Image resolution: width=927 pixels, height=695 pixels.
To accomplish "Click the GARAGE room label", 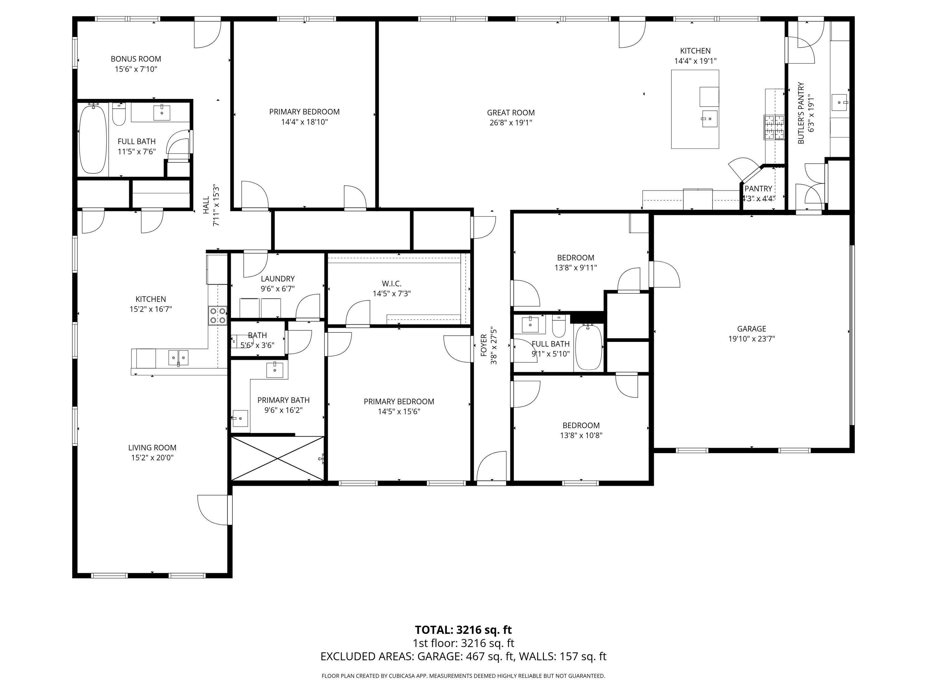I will tap(751, 329).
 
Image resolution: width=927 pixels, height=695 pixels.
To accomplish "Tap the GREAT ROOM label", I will tap(510, 113).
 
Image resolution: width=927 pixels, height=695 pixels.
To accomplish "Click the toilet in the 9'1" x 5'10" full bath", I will tap(559, 327).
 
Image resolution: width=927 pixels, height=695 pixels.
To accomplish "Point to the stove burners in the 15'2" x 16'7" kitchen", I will tap(218, 315).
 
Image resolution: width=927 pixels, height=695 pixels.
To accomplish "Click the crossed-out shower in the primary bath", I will tap(277, 458).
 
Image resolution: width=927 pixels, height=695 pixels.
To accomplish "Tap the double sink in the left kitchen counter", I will tap(178, 358).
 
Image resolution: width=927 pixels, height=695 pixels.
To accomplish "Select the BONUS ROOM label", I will tap(136, 59).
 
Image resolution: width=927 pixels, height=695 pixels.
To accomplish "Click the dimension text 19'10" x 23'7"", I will tap(751, 339).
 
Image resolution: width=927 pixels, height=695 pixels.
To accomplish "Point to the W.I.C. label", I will tap(392, 284).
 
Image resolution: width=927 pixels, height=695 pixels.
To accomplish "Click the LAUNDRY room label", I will tap(277, 279).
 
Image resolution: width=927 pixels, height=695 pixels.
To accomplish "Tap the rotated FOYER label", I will tap(484, 345).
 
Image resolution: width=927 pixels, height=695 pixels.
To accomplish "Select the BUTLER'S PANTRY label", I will tap(801, 113).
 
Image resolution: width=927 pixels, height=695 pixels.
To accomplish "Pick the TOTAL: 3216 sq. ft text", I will tap(463, 630).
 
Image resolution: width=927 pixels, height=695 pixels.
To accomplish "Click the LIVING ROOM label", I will tap(152, 447).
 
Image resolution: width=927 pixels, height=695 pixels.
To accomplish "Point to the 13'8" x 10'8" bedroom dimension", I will tap(581, 435).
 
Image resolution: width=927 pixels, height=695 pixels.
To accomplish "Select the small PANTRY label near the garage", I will tap(758, 188).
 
